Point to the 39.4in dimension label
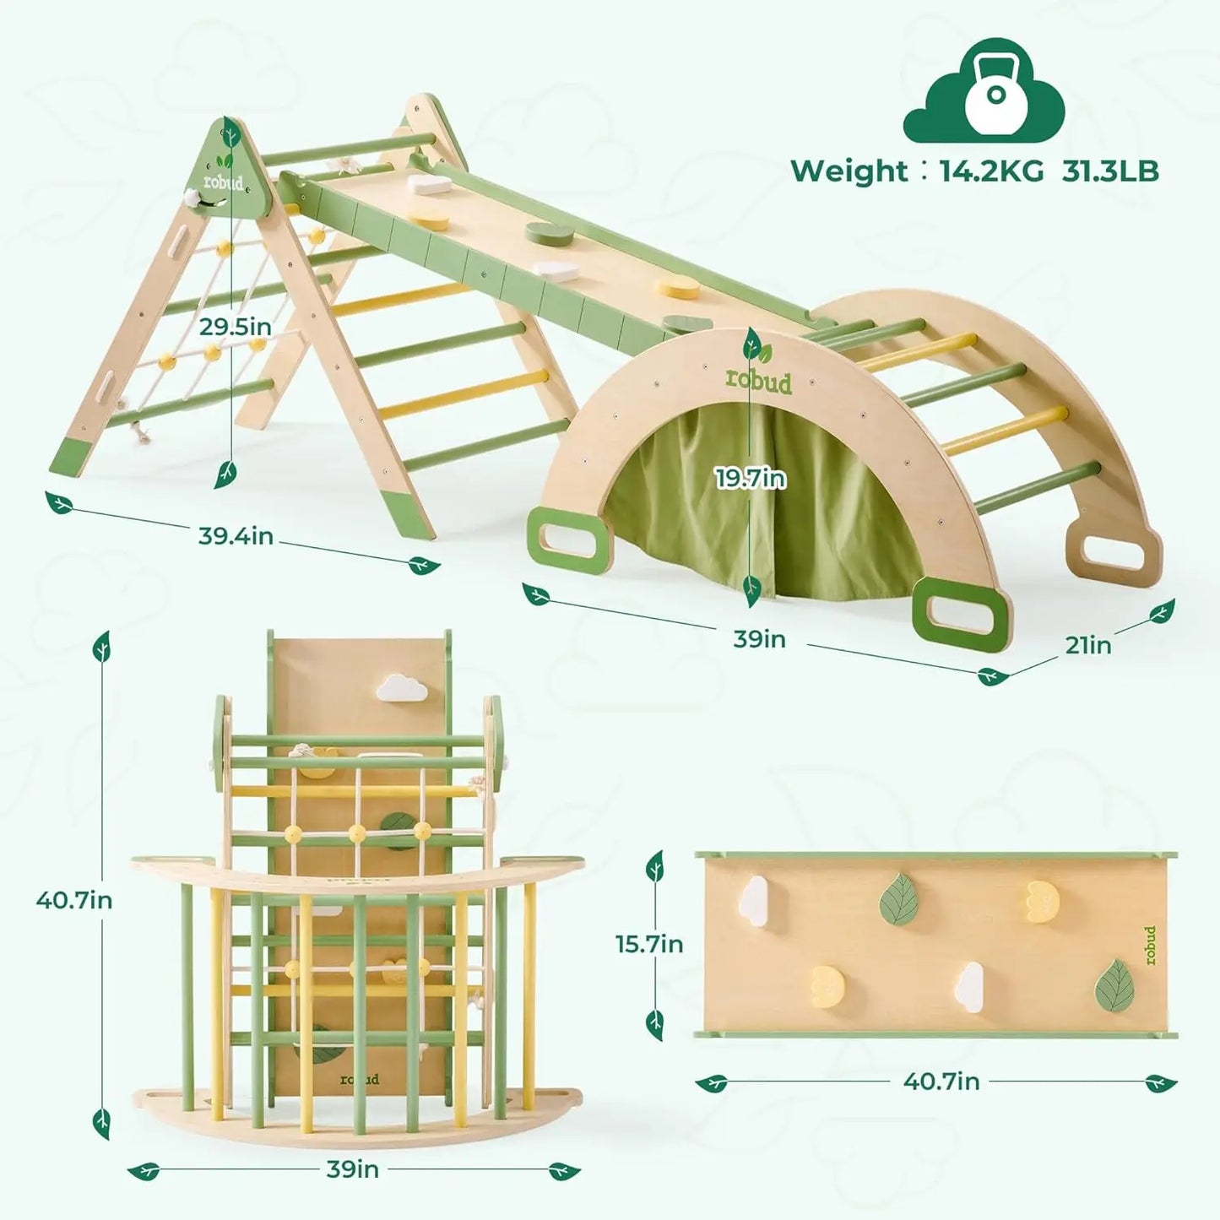pyautogui.click(x=236, y=535)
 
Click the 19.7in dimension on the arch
pyautogui.click(x=751, y=479)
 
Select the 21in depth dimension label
pyautogui.click(x=1087, y=645)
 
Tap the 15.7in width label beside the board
pyautogui.click(x=649, y=943)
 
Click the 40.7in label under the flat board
pyautogui.click(x=941, y=1081)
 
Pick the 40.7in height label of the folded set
pyautogui.click(x=74, y=900)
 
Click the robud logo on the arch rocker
pyautogui.click(x=760, y=382)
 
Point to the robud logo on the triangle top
pyautogui.click(x=222, y=182)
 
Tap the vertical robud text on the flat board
pyautogui.click(x=1150, y=945)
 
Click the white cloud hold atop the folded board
pyautogui.click(x=401, y=688)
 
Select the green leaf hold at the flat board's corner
pyautogui.click(x=1115, y=984)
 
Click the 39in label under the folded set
pyautogui.click(x=352, y=1169)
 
